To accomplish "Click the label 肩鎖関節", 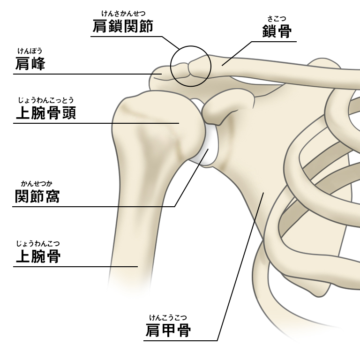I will click(x=123, y=27).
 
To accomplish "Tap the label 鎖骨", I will click(x=277, y=31).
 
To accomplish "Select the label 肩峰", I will click(x=30, y=63).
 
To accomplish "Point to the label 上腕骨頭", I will click(x=45, y=113).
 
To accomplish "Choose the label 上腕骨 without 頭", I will click(x=37, y=256).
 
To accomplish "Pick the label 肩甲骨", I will click(x=168, y=330).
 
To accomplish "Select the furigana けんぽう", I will click(x=30, y=51).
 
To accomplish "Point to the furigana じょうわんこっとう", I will click(x=45, y=100).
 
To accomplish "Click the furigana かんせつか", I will click(x=37, y=184).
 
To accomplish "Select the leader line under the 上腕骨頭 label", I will click(x=94, y=123).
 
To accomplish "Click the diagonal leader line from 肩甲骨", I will click(x=239, y=267).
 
